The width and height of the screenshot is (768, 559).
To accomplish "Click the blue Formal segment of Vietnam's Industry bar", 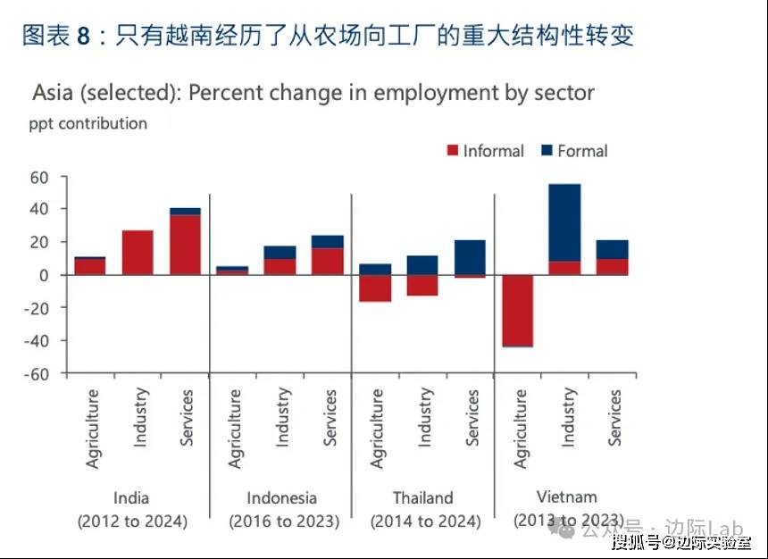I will tap(564, 222).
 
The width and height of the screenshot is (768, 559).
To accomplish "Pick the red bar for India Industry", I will tap(138, 253).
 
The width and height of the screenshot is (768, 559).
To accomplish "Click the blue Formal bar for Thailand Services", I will tap(470, 257).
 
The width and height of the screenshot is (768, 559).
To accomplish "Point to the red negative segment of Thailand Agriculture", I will tap(376, 288).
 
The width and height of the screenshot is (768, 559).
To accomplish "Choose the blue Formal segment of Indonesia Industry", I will tap(280, 253).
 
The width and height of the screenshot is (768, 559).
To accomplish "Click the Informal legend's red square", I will tap(452, 152).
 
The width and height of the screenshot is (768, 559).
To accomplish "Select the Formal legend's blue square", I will tap(547, 152).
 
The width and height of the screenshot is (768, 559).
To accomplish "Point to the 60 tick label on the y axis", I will tap(38, 177).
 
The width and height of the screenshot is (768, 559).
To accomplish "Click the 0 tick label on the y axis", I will tap(42, 275).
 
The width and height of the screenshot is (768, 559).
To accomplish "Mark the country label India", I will tap(131, 497).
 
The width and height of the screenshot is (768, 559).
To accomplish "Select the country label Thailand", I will tap(423, 497).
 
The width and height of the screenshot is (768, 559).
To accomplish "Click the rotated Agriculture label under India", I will tap(93, 428).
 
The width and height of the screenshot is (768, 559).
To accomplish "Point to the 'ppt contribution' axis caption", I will tap(88, 123).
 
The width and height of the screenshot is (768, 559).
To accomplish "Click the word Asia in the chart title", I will tap(53, 93).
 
